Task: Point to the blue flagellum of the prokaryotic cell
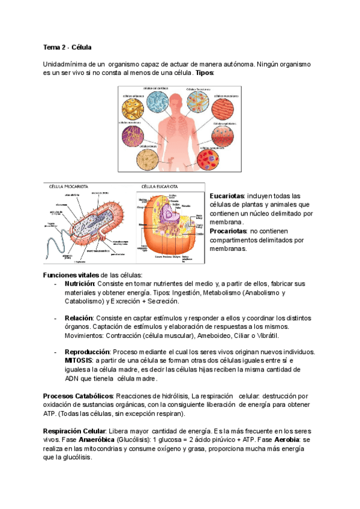(58, 244)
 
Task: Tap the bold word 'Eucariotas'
(227, 196)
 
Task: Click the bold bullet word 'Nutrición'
(80, 283)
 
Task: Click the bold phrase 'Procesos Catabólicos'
(78, 397)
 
